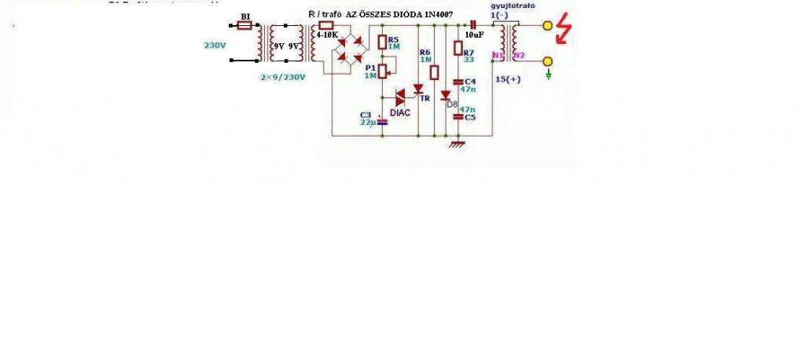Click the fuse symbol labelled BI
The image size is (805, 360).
pos(244,25)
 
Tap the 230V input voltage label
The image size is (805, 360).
pos(215,45)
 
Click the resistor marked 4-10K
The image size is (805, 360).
pos(325,25)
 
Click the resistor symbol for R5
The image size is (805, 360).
pos(382,42)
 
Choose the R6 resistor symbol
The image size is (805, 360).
pos(433,72)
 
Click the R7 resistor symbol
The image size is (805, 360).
pos(459,48)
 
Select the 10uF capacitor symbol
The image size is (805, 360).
pos(473,25)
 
